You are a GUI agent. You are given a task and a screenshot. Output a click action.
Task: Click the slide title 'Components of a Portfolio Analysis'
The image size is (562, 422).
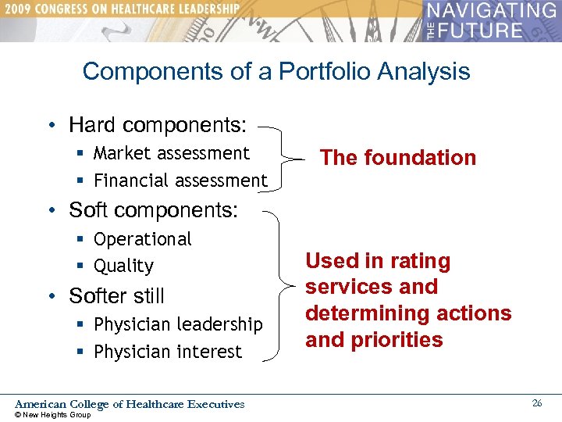(x=276, y=71)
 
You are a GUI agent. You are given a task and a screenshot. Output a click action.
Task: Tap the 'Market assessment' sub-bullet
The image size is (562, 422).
(x=172, y=153)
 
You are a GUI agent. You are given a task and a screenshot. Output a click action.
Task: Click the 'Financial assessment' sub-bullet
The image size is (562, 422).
(x=180, y=181)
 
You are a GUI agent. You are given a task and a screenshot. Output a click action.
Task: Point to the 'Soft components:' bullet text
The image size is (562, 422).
(x=153, y=210)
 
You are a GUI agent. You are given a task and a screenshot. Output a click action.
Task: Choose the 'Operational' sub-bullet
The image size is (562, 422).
(x=142, y=239)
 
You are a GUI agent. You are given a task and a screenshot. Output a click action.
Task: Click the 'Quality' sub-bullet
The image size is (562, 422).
(x=123, y=266)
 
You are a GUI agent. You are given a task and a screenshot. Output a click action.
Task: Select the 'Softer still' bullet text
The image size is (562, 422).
(x=116, y=296)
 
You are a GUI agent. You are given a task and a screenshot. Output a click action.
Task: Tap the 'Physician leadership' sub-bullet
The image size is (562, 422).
(x=178, y=324)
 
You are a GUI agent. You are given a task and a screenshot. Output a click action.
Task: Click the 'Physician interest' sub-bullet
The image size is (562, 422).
(x=168, y=352)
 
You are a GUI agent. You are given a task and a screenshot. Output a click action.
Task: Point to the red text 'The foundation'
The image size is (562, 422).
(x=398, y=158)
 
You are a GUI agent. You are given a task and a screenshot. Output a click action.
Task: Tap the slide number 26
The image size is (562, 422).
(x=537, y=403)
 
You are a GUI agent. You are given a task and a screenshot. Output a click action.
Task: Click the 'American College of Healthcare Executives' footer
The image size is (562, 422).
(x=130, y=404)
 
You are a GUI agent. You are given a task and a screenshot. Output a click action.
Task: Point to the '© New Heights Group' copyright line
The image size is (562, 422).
(x=53, y=415)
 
